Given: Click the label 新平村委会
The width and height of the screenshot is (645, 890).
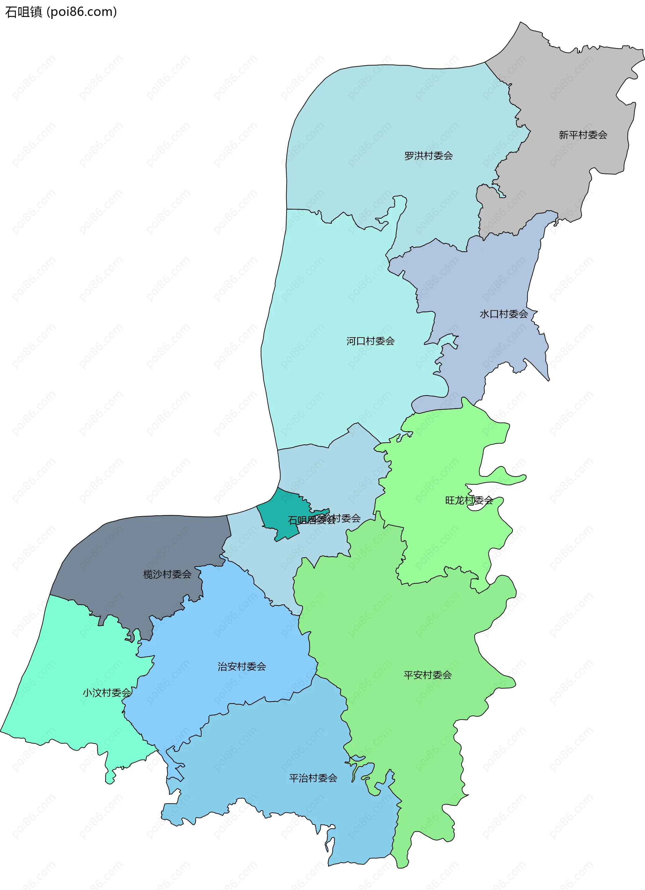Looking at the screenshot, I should tap(583, 135).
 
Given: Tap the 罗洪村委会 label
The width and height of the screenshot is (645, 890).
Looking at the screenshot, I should tap(428, 156).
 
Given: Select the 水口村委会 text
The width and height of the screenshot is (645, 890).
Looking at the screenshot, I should tap(504, 314).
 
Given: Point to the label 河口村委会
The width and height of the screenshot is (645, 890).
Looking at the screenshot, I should tap(370, 341).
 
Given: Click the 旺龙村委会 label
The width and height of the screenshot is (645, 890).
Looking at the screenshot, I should tap(469, 500).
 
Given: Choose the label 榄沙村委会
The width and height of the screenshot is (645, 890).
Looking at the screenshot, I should tap(167, 575).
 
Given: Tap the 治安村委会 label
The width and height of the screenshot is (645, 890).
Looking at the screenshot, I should tap(242, 666).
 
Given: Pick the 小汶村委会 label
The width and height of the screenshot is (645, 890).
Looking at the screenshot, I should tap(106, 693).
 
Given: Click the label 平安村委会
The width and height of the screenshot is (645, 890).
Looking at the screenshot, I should tap(428, 675).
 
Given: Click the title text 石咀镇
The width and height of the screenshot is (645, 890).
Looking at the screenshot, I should tap(24, 12).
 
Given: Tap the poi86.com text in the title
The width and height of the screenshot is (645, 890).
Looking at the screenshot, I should tap(82, 12).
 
